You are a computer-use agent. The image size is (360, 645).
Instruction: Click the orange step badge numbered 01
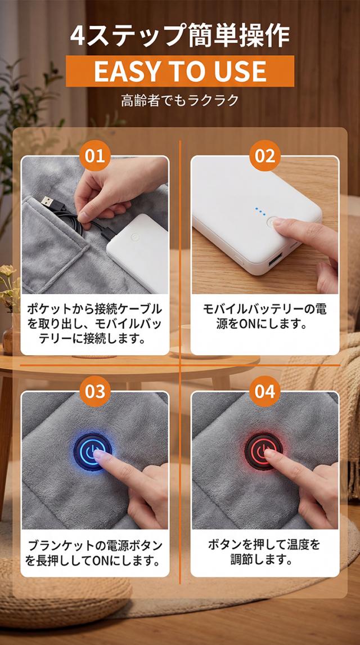[94, 155]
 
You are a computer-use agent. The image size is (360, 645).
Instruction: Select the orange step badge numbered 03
[94, 391]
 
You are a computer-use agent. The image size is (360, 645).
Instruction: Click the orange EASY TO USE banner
[180, 71]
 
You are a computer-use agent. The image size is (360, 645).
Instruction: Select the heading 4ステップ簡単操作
[180, 36]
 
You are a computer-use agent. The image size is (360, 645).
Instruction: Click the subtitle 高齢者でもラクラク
[180, 101]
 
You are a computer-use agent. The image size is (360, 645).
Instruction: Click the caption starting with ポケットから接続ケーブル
[94, 324]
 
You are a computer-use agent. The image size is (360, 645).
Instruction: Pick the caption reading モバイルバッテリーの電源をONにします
[264, 317]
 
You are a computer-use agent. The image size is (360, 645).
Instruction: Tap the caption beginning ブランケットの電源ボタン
[94, 553]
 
